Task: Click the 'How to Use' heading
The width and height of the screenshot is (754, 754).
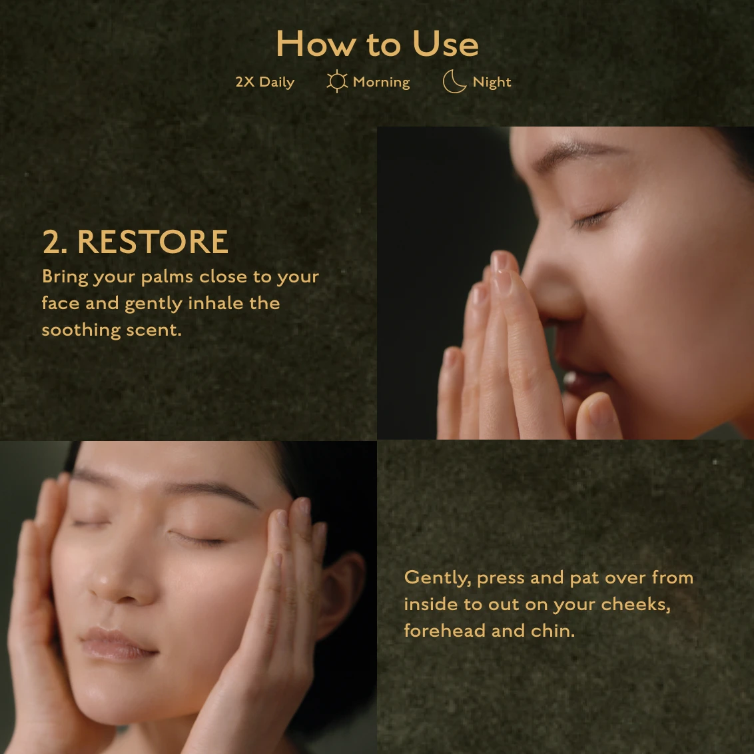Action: (x=378, y=44)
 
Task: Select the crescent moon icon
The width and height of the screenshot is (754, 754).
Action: (x=454, y=81)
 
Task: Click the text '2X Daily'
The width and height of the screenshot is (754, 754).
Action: (x=265, y=82)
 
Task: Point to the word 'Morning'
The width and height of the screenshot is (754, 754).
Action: (x=381, y=82)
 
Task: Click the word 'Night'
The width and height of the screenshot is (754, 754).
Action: (x=492, y=82)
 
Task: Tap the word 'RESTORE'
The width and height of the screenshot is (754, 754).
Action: (x=153, y=241)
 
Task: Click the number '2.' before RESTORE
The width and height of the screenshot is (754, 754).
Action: (x=55, y=241)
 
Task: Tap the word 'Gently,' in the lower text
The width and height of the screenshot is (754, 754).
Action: (x=437, y=578)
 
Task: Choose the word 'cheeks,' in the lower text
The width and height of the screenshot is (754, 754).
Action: (x=635, y=604)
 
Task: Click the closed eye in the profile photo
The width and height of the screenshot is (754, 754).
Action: (x=592, y=218)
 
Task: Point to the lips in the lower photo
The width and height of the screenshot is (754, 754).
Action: (x=118, y=643)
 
